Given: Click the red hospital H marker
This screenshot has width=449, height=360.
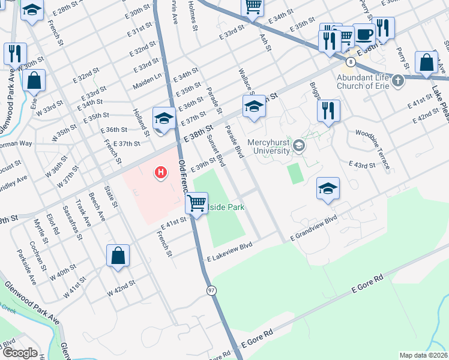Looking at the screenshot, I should (160, 173).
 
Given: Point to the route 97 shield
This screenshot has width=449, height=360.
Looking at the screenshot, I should (211, 290).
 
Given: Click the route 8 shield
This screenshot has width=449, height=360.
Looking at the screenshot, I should (349, 61).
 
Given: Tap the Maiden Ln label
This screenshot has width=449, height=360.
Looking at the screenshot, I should (148, 80).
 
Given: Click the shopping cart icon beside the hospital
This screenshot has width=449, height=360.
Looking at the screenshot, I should (196, 203).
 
